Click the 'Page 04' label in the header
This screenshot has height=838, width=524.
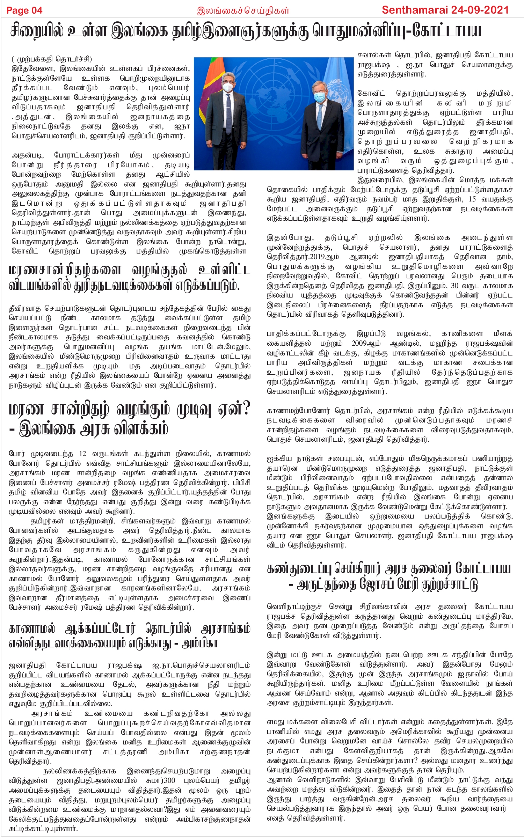[24, 10]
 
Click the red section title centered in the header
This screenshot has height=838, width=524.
[243, 10]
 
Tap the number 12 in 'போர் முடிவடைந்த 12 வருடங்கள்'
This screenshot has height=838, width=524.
[82, 454]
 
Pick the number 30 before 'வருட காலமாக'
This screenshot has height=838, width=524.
[454, 286]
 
